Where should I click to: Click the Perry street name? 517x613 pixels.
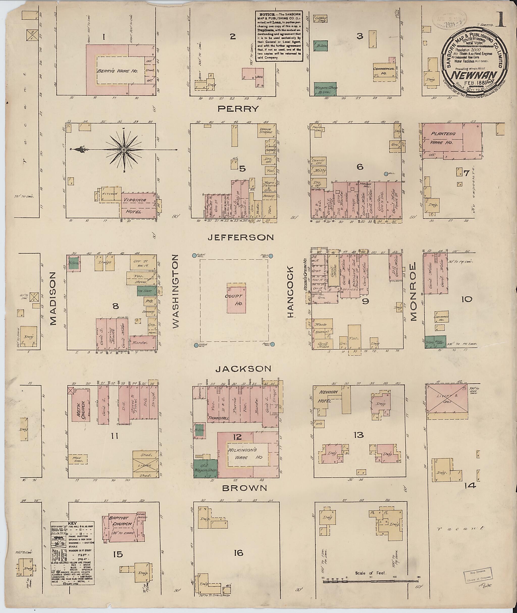pyautogui.click(x=238, y=109)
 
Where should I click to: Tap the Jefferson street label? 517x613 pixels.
pyautogui.click(x=241, y=237)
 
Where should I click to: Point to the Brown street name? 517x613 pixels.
pyautogui.click(x=245, y=488)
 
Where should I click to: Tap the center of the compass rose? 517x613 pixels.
pyautogui.click(x=124, y=150)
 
